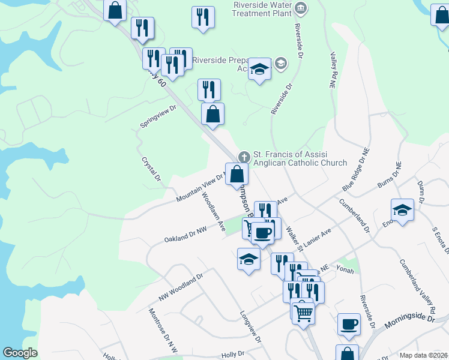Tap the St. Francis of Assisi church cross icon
click(243, 157)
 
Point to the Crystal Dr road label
click(152, 169)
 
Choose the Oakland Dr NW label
click(185, 235)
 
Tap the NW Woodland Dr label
click(181, 288)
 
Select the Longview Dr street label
click(252, 326)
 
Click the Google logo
click(20, 353)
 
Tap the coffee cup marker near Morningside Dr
click(349, 324)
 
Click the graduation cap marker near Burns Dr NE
click(402, 210)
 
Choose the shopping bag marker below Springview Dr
click(212, 113)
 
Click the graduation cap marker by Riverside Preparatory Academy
click(260, 70)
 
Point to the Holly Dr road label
click(233, 355)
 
